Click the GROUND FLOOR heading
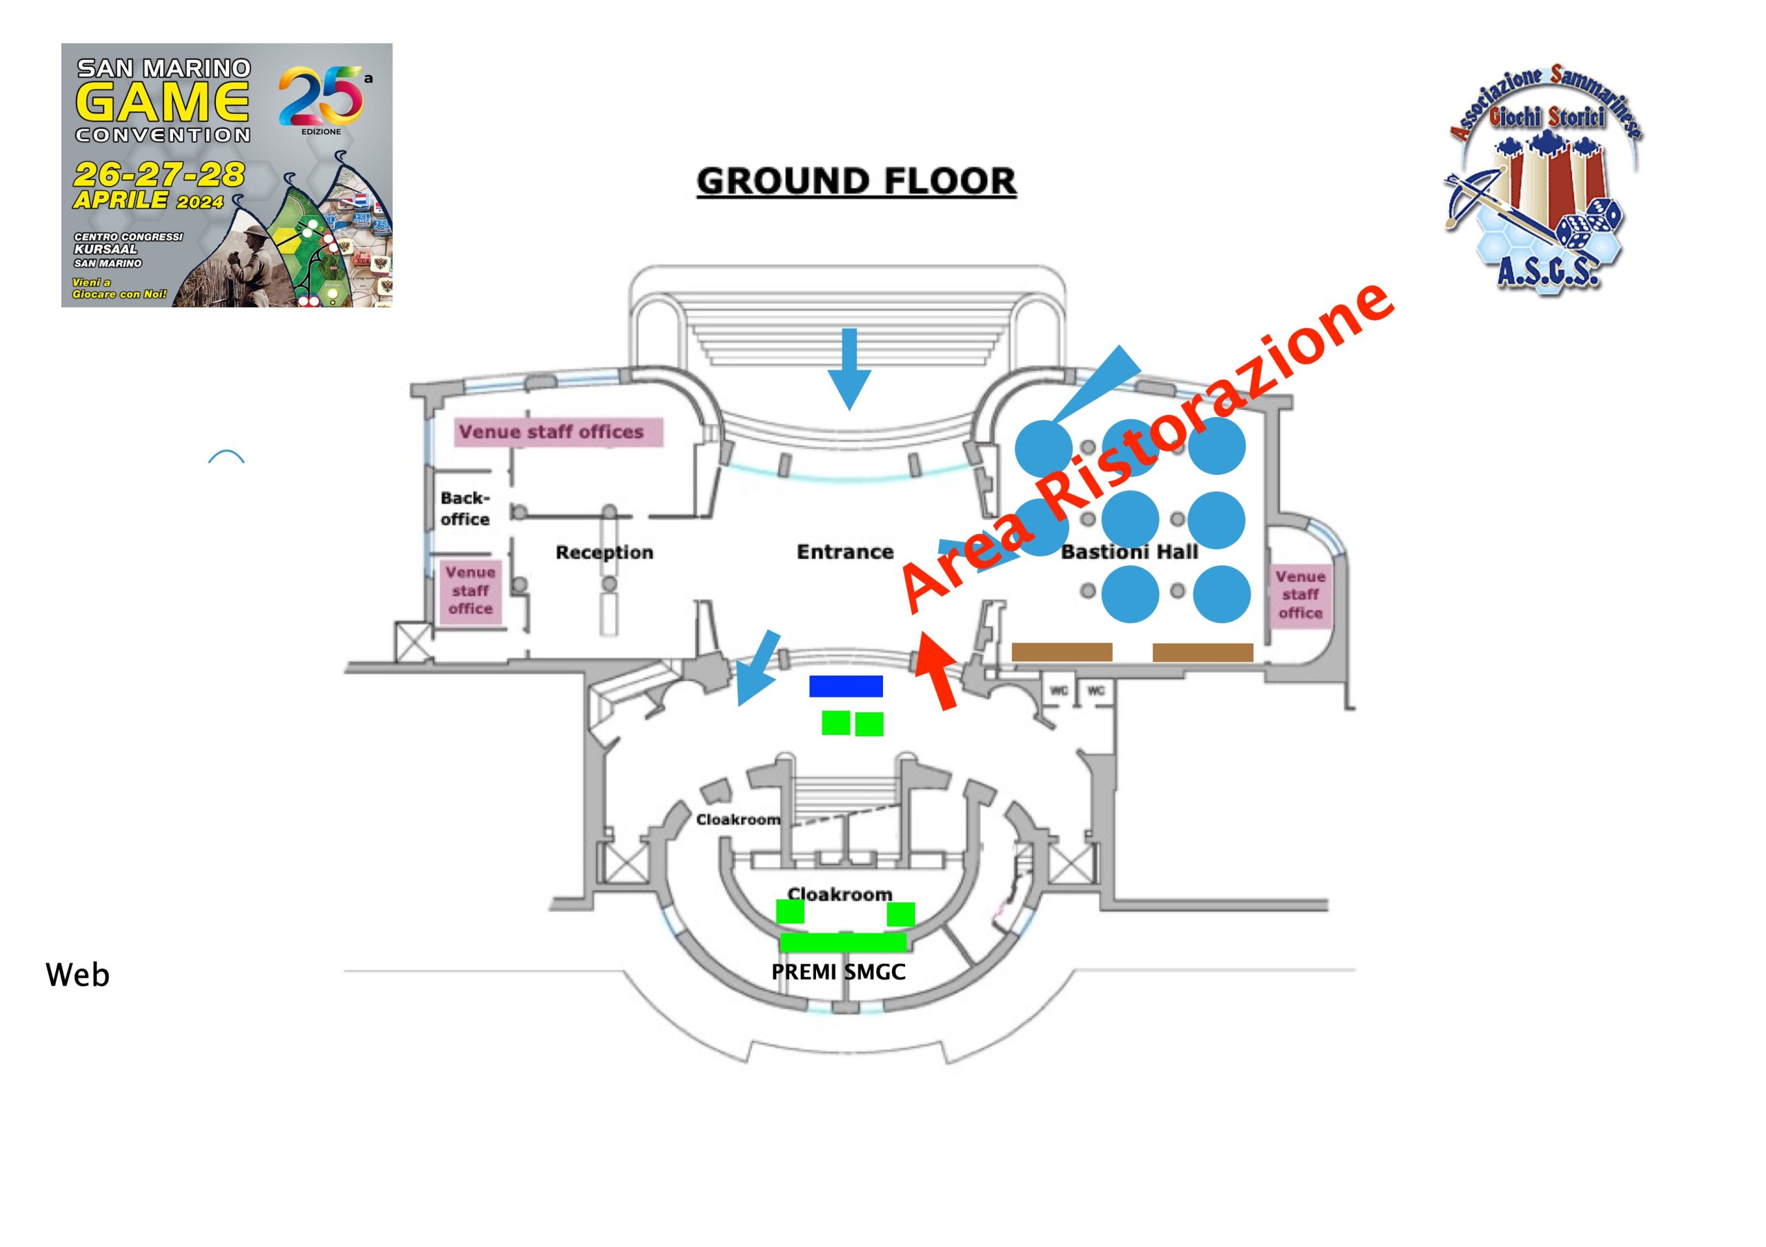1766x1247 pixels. coord(856,181)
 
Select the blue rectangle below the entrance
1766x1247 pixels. coord(845,686)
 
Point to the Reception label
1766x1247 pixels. coord(604,552)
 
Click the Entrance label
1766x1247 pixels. coord(844,552)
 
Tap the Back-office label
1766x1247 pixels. coord(464,508)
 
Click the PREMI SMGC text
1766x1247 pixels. coord(838,972)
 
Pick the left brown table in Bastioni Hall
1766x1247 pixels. coord(1062,652)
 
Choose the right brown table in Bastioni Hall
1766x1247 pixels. coord(1202,653)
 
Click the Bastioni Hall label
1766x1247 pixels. coord(1129,552)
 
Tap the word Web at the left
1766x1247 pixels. coord(78,975)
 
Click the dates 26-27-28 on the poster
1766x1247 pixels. coord(159,175)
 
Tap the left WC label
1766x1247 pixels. coord(1058,691)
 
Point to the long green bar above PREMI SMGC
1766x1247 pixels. coord(844,942)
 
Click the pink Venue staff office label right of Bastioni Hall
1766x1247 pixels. coord(1300,594)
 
